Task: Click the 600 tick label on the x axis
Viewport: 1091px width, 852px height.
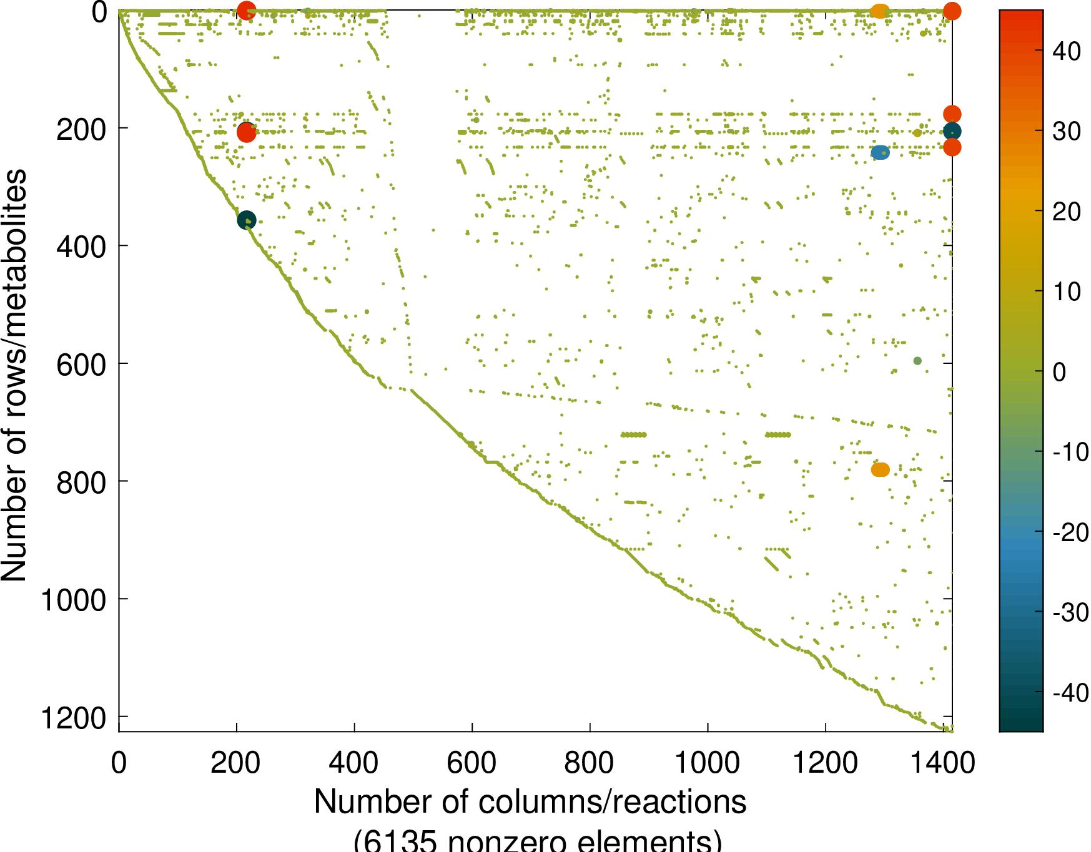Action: pos(471,763)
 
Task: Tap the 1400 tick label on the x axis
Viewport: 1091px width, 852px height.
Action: pos(943,763)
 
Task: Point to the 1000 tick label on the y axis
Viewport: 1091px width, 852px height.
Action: pos(73,600)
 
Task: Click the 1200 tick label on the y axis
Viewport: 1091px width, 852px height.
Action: pos(73,718)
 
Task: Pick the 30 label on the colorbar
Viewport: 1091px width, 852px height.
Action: pos(1067,131)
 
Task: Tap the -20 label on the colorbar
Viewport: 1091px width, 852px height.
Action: pos(1070,532)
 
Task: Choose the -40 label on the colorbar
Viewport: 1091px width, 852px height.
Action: pos(1070,693)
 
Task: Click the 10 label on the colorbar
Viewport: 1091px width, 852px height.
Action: pos(1067,291)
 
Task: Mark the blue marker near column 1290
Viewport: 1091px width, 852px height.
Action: pos(880,152)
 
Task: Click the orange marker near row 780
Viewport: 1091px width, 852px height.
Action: pos(880,469)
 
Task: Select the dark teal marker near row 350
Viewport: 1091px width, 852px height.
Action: pos(247,220)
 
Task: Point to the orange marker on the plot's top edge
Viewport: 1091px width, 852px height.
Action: pos(879,11)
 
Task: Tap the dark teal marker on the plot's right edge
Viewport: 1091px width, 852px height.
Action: pos(952,131)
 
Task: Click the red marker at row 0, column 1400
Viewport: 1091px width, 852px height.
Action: pos(952,11)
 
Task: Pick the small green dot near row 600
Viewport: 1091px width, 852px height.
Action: pos(917,361)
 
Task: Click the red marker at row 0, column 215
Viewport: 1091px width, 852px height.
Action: pos(247,11)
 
